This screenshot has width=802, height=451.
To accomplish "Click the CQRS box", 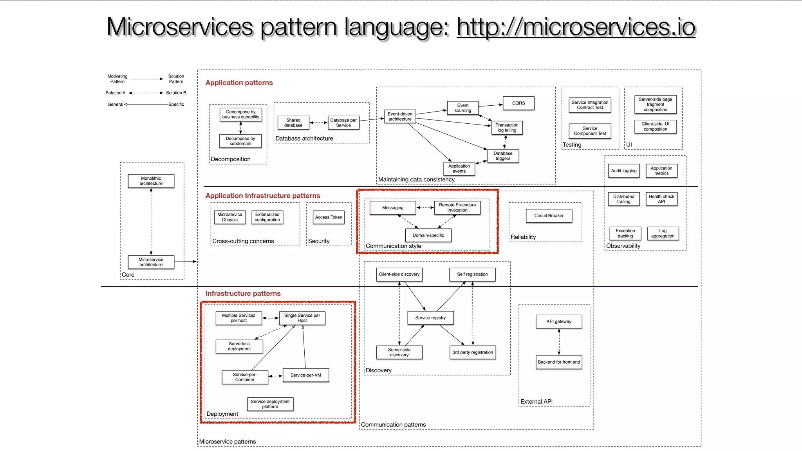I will pos(518,103).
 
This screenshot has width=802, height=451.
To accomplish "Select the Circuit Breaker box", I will pos(549,216).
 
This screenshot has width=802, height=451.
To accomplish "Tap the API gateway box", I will pos(559,321).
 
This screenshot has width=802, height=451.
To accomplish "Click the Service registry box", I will pos(430,318).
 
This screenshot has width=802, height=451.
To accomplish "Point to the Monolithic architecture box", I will pos(151,181).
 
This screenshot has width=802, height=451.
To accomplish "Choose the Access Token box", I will pos(329,217).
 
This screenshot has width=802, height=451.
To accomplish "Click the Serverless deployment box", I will pos(239,346).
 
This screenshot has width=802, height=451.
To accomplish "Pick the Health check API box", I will pos(661,199).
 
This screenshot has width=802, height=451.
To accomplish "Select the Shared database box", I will pos(293,123).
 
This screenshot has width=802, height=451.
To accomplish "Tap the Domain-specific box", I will pos(428,235).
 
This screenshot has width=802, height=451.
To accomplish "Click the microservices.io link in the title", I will pos(576,27).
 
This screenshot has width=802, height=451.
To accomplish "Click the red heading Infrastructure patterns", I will pos(243,294).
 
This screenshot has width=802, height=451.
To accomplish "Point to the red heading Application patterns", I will pos(239,83).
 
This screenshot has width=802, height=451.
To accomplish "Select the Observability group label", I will pos(623,246).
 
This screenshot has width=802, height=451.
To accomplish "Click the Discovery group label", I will pos(378,370).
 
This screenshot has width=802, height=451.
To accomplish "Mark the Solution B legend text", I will pos(176,93).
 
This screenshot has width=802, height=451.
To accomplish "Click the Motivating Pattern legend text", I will pos(117,79).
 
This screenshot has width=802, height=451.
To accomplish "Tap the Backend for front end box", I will pos(559,362).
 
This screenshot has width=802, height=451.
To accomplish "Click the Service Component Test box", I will pos(590,131).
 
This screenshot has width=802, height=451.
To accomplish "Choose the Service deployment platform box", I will pos(270,404).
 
